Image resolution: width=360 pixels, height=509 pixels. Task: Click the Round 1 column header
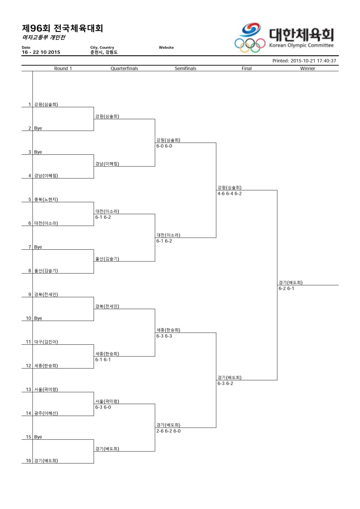click(x=63, y=68)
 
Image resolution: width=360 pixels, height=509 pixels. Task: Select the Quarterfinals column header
click(x=124, y=68)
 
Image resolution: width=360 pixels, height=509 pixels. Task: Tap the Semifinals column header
click(x=185, y=68)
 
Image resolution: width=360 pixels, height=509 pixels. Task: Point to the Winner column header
click(x=307, y=68)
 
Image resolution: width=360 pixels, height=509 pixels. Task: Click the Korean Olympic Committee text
click(x=301, y=45)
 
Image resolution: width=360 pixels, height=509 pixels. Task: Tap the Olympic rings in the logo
click(x=250, y=45)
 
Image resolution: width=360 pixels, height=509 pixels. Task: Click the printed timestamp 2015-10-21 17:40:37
click(x=313, y=61)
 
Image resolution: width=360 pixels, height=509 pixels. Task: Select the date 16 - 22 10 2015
click(x=41, y=52)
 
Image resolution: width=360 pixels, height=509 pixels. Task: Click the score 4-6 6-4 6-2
click(x=229, y=194)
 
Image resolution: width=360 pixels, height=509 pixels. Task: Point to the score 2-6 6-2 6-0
click(x=168, y=431)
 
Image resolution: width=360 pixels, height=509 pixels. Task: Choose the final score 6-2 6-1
click(x=286, y=288)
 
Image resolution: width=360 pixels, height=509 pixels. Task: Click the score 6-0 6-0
click(x=164, y=146)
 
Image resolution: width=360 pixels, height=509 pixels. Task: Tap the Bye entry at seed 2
click(x=38, y=128)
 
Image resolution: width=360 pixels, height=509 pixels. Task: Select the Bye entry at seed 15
click(x=38, y=437)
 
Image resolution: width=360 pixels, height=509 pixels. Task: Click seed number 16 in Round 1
click(x=28, y=461)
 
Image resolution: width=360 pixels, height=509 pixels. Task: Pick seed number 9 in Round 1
click(x=30, y=294)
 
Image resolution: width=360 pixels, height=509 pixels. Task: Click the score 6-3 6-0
click(x=103, y=407)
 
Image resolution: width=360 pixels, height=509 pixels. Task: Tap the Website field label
click(x=166, y=47)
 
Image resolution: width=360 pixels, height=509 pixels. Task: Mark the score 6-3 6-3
click(x=164, y=336)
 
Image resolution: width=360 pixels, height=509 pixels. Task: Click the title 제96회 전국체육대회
click(x=63, y=28)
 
